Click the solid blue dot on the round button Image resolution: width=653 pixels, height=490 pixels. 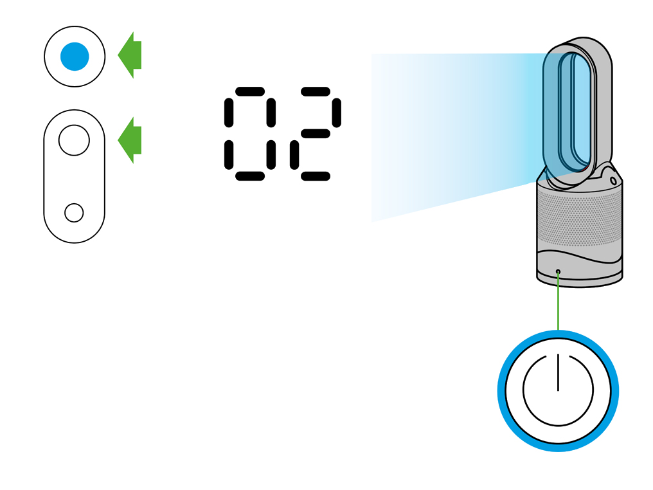click(75, 56)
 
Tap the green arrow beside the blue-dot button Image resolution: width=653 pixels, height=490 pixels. click(130, 55)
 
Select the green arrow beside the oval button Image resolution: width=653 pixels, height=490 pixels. click(130, 140)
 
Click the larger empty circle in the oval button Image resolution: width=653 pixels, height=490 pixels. click(74, 140)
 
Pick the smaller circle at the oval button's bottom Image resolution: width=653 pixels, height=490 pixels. click(74, 213)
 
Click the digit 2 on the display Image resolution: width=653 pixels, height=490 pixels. click(316, 134)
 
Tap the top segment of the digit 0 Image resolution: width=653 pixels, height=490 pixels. click(250, 91)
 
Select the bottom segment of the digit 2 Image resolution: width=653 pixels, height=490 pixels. click(316, 176)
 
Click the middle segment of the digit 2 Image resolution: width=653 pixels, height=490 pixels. click(316, 134)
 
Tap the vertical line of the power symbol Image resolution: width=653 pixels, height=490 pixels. click(558, 372)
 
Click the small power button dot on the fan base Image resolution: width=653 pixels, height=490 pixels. click(558, 271)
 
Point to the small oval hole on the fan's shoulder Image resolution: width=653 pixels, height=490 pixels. click(613, 181)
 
